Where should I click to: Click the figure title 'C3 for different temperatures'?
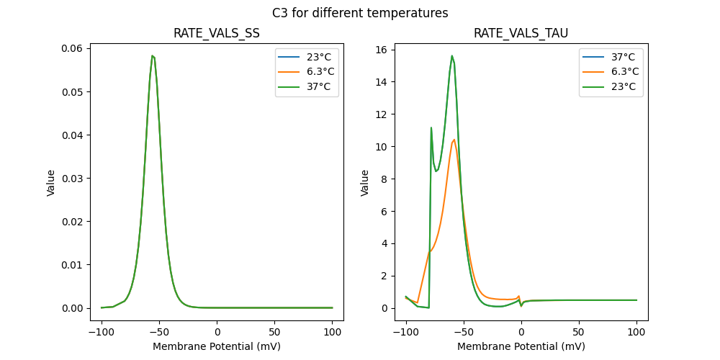pyautogui.click(x=360, y=13)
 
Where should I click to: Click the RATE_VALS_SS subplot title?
pyautogui.click(x=217, y=34)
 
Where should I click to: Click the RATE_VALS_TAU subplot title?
pyautogui.click(x=521, y=34)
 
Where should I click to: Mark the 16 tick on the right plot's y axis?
pyautogui.click(x=382, y=50)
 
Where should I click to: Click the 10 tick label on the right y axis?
pyautogui.click(x=382, y=147)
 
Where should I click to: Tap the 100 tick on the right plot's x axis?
pyautogui.click(x=636, y=333)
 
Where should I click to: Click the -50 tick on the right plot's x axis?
pyautogui.click(x=464, y=333)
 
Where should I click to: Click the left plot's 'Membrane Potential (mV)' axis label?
pyautogui.click(x=217, y=346)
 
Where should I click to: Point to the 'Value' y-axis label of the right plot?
pyautogui.click(x=364, y=183)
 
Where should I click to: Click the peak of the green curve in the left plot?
pyautogui.click(x=153, y=55)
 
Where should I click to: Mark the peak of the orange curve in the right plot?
pyautogui.click(x=454, y=140)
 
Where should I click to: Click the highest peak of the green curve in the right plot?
pyautogui.click(x=452, y=55)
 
